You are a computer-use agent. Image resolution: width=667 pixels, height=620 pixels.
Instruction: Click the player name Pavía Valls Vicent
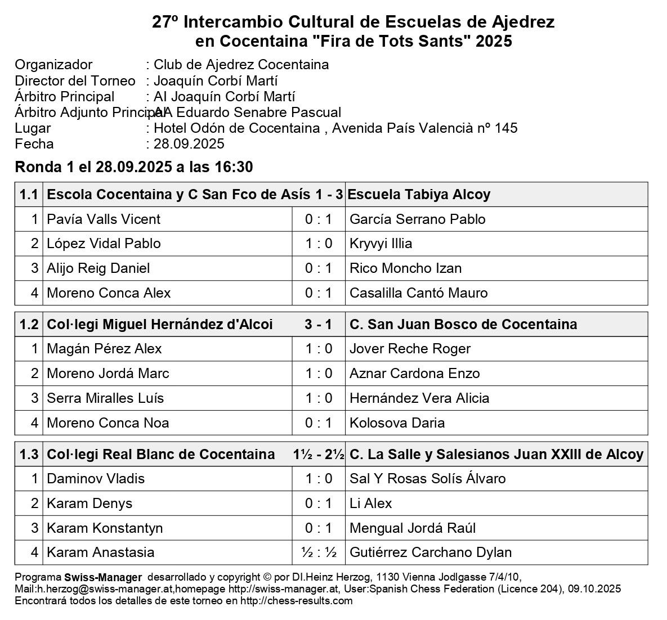(x=104, y=219)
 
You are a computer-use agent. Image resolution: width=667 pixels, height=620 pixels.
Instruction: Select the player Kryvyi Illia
(x=381, y=244)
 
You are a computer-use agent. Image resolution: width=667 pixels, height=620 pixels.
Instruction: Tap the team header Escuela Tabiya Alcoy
(x=419, y=195)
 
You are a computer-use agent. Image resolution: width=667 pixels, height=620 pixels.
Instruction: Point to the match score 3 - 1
(x=318, y=325)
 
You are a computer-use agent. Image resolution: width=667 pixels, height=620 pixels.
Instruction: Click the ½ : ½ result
(x=318, y=552)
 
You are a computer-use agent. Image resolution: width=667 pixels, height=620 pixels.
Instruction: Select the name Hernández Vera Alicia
(x=419, y=398)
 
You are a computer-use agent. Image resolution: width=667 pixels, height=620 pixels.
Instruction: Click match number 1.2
(x=29, y=325)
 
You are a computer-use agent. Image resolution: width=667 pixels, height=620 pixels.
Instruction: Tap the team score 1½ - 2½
(x=318, y=455)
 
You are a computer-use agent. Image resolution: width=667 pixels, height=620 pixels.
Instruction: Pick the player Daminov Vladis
(x=96, y=479)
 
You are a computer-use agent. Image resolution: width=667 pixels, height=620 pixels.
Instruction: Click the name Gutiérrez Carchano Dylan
(x=431, y=552)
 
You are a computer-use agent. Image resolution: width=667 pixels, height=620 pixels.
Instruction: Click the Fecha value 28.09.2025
(x=189, y=144)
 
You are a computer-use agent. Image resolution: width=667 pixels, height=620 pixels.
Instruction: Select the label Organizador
(x=53, y=65)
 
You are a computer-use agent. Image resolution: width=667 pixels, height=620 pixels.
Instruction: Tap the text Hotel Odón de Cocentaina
(x=236, y=128)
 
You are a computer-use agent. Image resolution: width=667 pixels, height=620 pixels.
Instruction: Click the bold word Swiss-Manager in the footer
(x=103, y=578)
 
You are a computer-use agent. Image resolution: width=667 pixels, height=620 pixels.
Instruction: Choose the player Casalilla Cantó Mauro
(x=418, y=293)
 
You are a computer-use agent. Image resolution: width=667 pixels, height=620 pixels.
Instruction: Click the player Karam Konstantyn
(x=105, y=528)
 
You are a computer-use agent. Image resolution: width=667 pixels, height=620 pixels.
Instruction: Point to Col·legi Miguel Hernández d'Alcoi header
(x=160, y=325)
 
